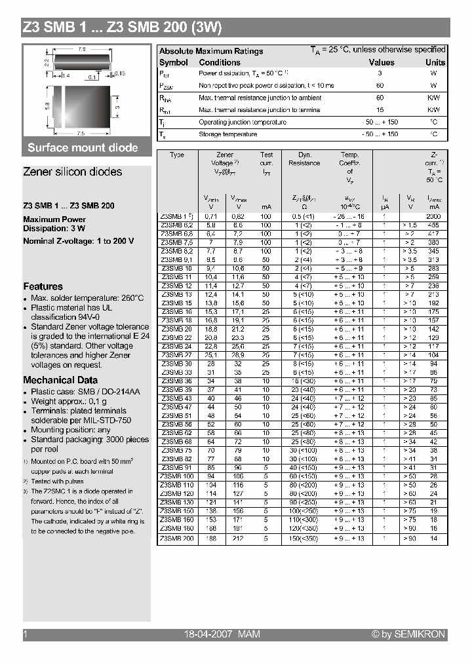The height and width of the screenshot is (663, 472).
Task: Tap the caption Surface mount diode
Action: click(83, 147)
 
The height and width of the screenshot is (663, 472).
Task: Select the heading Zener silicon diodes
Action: click(73, 172)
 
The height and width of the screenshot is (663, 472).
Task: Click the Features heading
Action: click(43, 286)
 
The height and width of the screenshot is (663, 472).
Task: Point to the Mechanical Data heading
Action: click(60, 380)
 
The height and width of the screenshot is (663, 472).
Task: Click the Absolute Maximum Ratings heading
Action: click(211, 51)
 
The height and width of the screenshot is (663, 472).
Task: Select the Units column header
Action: click(435, 62)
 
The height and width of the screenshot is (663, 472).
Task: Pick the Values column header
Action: click(381, 62)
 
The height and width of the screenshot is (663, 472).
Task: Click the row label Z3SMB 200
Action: click(177, 539)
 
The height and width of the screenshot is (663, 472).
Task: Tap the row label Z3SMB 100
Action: click(177, 476)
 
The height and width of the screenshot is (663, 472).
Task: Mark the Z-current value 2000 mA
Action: click(433, 216)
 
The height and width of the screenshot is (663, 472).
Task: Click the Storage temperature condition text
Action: click(228, 134)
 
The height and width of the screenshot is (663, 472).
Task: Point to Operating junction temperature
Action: click(243, 122)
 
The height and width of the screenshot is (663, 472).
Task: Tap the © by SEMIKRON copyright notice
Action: click(408, 634)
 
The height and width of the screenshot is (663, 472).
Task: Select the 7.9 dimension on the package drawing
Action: click(83, 49)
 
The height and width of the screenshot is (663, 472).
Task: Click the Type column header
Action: click(177, 155)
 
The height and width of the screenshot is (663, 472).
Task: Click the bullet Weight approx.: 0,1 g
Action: click(69, 401)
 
